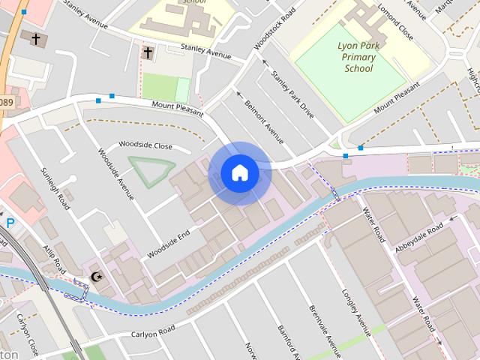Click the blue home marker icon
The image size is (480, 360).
point(240,173)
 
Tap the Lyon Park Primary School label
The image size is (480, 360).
point(358,58)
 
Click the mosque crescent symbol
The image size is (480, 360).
point(95,277)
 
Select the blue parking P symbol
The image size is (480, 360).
point(10,223)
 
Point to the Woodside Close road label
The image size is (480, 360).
point(145,145)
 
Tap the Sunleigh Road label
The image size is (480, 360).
point(55,188)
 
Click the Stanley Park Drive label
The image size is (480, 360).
point(292,94)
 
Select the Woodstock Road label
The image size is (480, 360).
point(270,30)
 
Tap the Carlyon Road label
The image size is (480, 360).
point(152,331)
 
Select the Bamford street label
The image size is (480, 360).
point(286,341)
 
